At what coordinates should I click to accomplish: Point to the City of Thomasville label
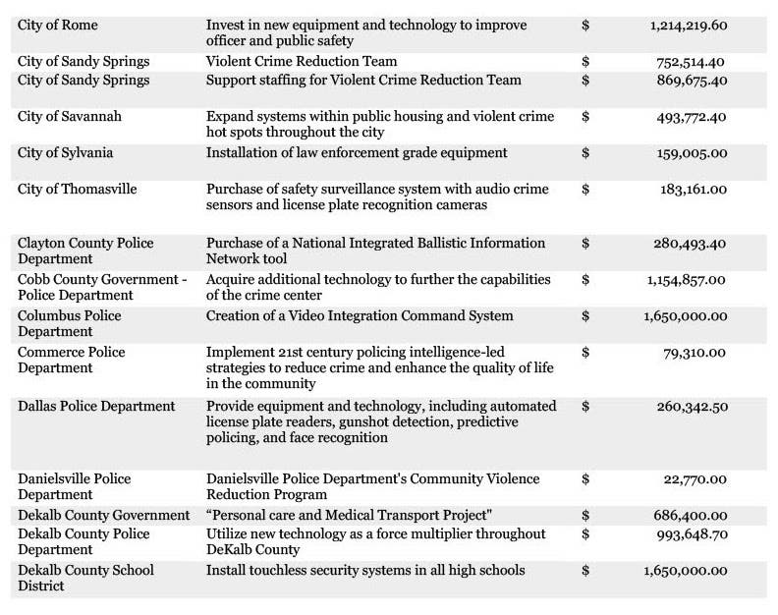pos(77,189)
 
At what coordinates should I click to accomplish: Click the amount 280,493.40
pos(690,243)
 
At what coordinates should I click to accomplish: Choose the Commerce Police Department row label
pos(70,360)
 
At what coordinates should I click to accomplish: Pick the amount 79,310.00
pos(695,352)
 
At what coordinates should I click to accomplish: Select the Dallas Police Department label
pos(96,406)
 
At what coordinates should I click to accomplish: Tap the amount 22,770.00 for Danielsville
pos(695,478)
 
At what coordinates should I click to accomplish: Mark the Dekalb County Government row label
pos(103,515)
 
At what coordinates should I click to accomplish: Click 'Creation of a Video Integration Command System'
pos(360,315)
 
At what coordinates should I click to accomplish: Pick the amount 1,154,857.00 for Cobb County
pos(688,279)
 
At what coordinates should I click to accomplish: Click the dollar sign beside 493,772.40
pos(585,116)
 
